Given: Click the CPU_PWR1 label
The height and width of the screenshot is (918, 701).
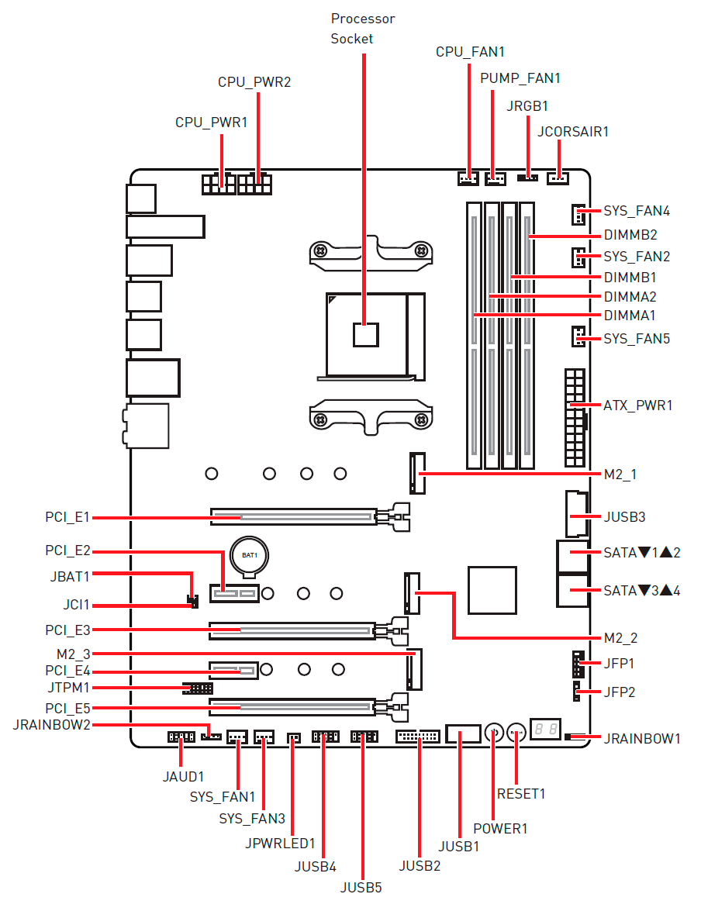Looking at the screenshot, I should (x=211, y=123).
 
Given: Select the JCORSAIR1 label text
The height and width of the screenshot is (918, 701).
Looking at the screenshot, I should (x=573, y=132).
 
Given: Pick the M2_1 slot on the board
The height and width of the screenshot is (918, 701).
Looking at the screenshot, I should (x=418, y=473).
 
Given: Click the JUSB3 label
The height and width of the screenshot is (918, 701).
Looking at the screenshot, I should (x=624, y=516).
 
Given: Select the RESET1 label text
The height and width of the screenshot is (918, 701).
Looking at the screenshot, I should (x=521, y=794).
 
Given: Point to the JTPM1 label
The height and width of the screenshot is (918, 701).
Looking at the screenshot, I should (x=68, y=688).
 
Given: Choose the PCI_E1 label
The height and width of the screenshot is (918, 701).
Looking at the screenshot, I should (x=67, y=516).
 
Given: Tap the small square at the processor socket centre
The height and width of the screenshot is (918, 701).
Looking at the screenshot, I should (x=365, y=334).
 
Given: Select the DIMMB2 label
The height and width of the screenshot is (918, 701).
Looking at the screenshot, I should (x=630, y=235).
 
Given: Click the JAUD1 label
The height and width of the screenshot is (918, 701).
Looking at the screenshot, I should (x=183, y=775).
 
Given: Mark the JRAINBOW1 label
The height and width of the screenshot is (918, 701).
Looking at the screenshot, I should (x=642, y=739).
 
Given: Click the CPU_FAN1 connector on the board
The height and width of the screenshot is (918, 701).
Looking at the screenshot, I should (x=468, y=179).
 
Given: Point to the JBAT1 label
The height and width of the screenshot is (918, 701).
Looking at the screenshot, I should (x=67, y=576).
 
